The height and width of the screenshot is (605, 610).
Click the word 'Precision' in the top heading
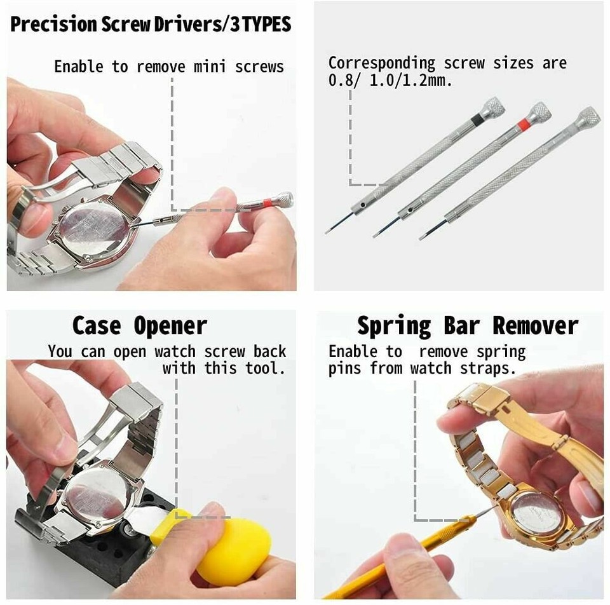[55, 24]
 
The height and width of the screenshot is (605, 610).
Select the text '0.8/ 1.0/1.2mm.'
[390, 81]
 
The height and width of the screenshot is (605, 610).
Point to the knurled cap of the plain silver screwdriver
[588, 117]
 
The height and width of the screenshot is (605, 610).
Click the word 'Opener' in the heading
[170, 326]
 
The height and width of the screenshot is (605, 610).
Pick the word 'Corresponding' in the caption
[382, 64]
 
